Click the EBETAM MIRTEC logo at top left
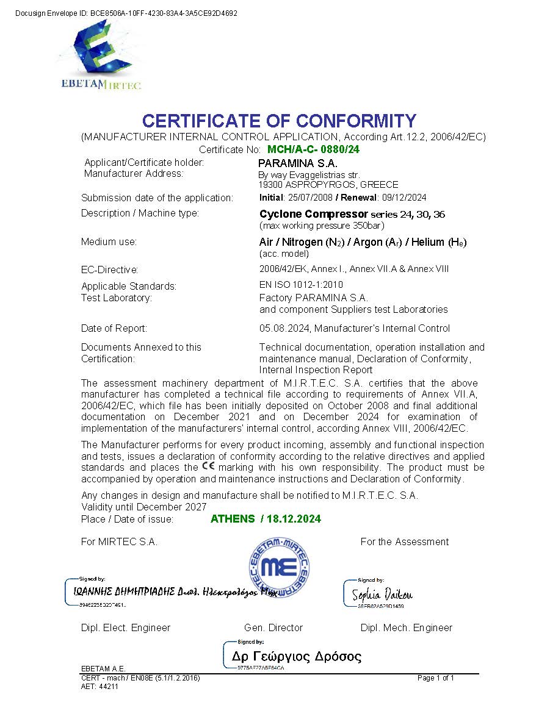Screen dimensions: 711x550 [101, 55]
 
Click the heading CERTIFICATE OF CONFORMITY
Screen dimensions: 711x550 [279, 121]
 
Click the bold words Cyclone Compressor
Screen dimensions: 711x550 [313, 214]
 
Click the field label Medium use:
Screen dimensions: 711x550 [109, 242]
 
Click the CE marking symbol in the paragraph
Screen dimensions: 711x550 [208, 466]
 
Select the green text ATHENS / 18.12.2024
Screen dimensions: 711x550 [266, 519]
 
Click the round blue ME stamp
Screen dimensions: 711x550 [278, 566]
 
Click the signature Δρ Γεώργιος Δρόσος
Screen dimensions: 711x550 [296, 657]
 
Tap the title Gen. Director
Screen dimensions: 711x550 [273, 628]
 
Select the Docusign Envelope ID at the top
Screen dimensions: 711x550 [126, 13]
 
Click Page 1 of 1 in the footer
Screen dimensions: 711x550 [436, 678]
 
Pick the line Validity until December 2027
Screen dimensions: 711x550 [143, 507]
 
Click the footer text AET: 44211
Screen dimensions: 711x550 [100, 686]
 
